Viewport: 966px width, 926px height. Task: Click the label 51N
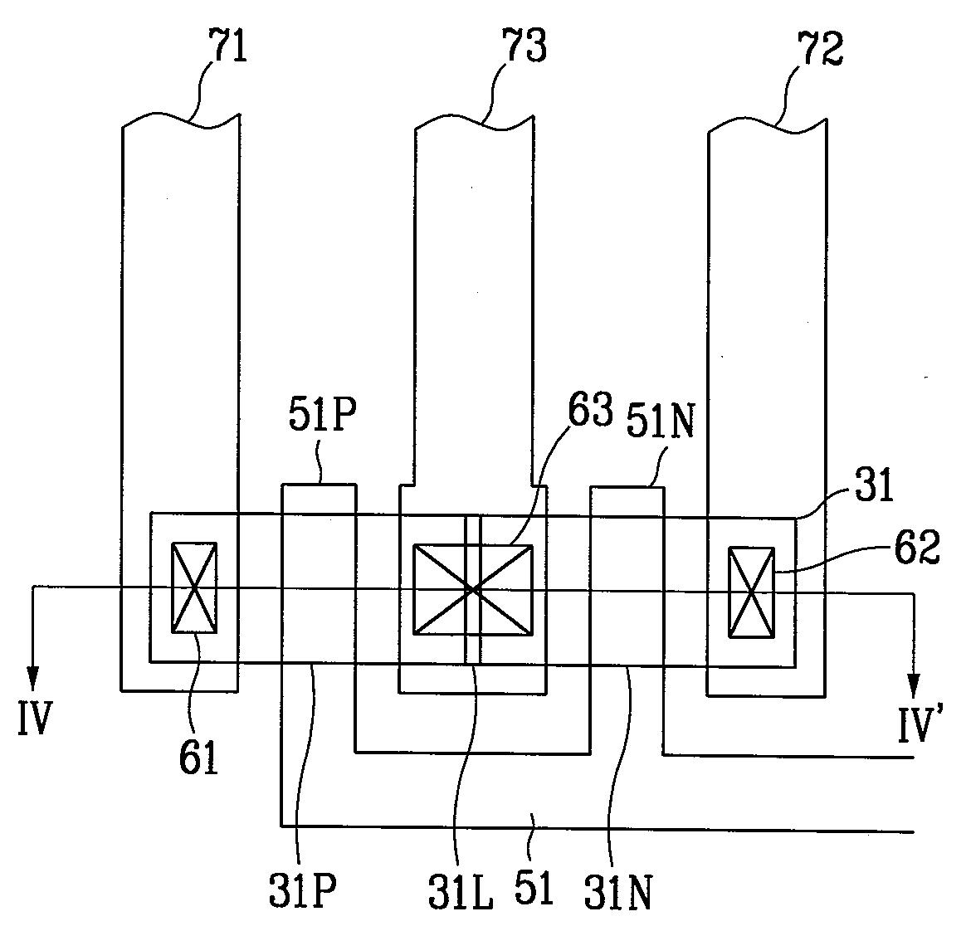point(661,422)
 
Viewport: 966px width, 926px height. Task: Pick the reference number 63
point(591,409)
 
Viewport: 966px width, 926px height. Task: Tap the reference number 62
point(917,546)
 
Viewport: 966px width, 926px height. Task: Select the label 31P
point(302,888)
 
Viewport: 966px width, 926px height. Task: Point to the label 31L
point(461,889)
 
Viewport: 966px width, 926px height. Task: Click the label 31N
point(618,891)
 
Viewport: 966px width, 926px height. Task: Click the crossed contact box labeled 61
point(194,587)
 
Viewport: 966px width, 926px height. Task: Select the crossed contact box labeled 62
point(751,592)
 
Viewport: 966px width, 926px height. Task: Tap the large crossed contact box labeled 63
point(473,589)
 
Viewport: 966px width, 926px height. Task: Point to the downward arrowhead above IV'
point(915,686)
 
